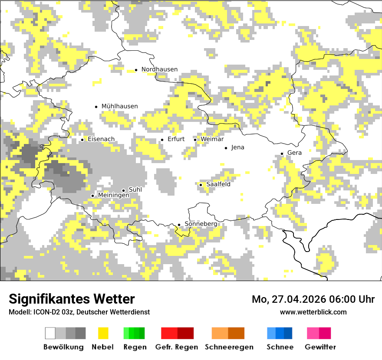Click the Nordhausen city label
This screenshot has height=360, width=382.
159,69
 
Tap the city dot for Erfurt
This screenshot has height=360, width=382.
162,140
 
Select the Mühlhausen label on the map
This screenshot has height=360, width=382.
119,106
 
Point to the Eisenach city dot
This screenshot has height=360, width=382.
82,140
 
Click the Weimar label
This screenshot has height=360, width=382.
212,139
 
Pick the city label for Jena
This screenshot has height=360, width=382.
237,147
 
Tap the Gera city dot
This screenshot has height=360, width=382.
282,154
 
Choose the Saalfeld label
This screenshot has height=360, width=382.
218,184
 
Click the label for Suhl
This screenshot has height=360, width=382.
135,190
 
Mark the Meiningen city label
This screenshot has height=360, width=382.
113,196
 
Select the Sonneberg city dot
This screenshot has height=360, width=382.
179,225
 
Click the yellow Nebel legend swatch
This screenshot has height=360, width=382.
103,333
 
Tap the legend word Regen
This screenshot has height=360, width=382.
134,347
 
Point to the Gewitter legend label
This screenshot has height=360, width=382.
320,347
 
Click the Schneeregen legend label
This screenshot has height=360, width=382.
229,347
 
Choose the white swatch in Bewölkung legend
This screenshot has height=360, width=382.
50,333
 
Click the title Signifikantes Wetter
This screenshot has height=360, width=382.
72,299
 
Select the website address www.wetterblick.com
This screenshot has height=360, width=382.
313,312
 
